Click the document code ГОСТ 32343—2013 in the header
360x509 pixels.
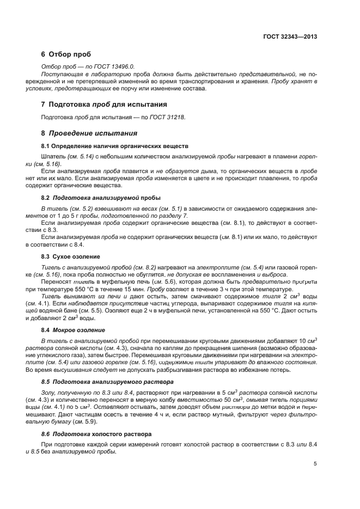[289, 37]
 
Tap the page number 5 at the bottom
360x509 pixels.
[315, 464]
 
